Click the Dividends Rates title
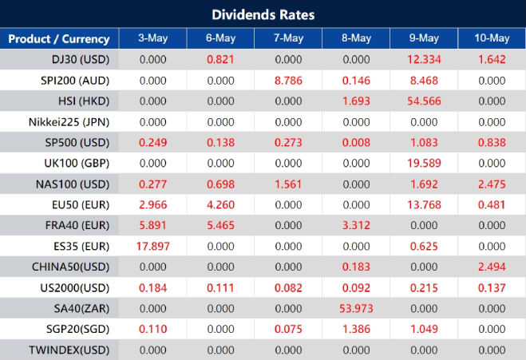pos(263,14)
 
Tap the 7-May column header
pos(287,38)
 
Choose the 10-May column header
pos(492,38)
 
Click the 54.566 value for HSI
pos(424,101)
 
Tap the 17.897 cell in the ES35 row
pos(152,246)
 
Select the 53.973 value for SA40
pos(356,308)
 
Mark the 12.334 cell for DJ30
pos(424,60)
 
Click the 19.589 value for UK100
pos(424,163)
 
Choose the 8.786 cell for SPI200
pos(287,81)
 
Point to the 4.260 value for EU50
pos(220,204)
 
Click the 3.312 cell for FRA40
pos(356,225)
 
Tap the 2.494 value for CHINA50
pos(492,267)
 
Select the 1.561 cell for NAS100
pos(287,184)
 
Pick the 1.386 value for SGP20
pos(356,329)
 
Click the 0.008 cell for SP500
pos(356,143)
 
